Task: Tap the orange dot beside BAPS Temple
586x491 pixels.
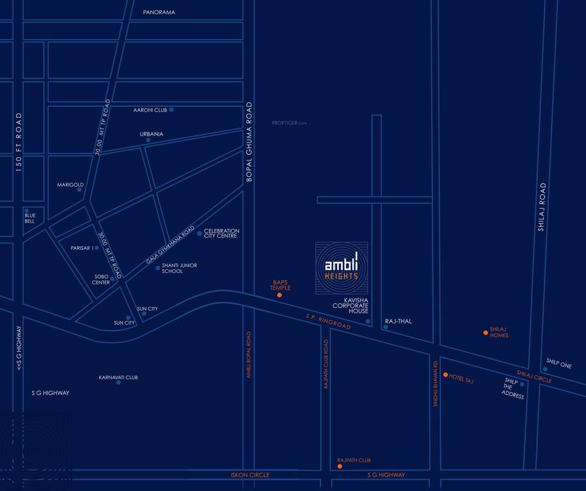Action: pyautogui.click(x=280, y=295)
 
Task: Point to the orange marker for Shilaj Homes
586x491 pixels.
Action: pyautogui.click(x=486, y=332)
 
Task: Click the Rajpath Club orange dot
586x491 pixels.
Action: pyautogui.click(x=340, y=467)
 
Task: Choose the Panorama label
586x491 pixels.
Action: pyautogui.click(x=159, y=12)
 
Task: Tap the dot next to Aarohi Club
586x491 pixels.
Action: pyautogui.click(x=171, y=110)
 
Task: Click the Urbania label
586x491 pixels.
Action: pyautogui.click(x=152, y=134)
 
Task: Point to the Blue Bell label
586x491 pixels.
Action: pyautogui.click(x=30, y=218)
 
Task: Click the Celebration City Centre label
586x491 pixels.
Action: pyautogui.click(x=221, y=233)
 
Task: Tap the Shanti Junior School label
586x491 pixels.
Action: pyautogui.click(x=179, y=268)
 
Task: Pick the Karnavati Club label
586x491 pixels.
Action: pyautogui.click(x=118, y=377)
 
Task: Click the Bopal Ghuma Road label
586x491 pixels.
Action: pyautogui.click(x=249, y=142)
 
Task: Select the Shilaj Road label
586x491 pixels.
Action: pyautogui.click(x=541, y=207)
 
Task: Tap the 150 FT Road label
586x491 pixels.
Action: pyautogui.click(x=19, y=142)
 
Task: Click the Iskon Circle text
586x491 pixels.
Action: pyautogui.click(x=250, y=475)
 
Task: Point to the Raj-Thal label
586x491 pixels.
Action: pyautogui.click(x=399, y=321)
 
